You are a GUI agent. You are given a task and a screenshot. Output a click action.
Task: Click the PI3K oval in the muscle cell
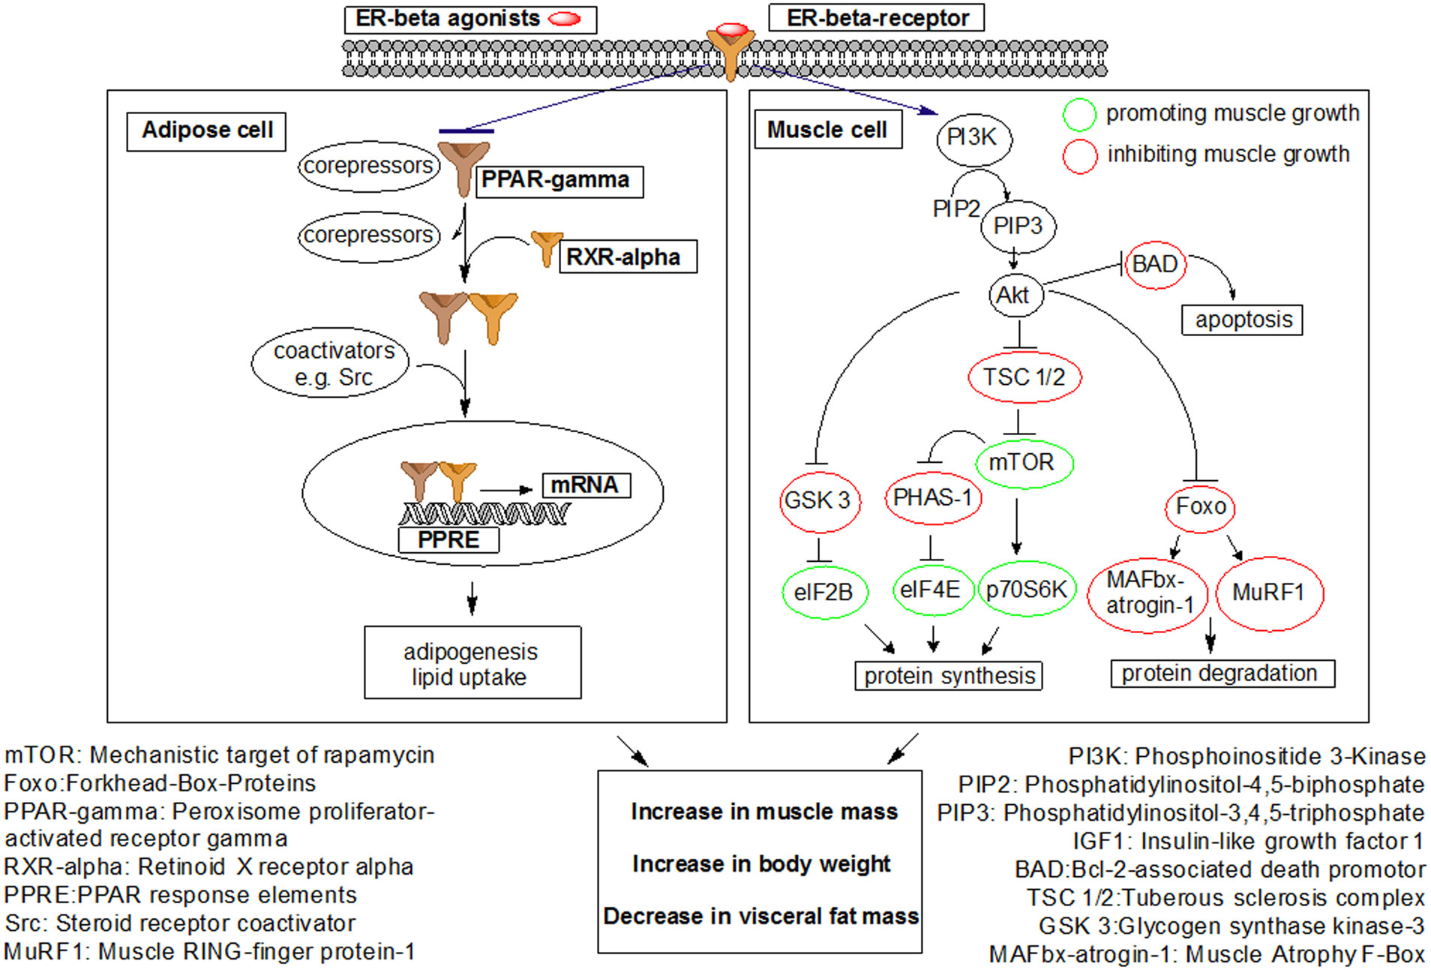point(973,138)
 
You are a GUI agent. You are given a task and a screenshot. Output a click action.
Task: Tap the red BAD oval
point(1155,264)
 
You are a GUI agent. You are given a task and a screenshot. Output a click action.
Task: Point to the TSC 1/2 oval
point(1024,377)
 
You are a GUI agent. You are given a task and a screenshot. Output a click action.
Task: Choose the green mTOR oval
point(1023,462)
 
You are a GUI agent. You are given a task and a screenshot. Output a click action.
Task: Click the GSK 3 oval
point(818,500)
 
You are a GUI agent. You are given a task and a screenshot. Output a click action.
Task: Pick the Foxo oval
point(1200,506)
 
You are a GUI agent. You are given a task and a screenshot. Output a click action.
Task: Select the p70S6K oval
point(1026,590)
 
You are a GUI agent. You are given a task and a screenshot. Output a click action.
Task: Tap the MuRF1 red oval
point(1269,593)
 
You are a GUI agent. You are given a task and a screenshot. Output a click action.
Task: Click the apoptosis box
point(1242,320)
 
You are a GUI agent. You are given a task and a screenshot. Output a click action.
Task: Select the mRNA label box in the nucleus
point(585,485)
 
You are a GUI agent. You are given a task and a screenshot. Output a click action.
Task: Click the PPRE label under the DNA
point(448,539)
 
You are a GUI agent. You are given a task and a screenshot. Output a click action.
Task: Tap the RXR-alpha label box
point(626,257)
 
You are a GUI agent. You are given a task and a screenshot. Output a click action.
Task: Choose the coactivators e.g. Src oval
point(331,363)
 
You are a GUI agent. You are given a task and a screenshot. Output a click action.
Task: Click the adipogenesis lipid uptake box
point(472,663)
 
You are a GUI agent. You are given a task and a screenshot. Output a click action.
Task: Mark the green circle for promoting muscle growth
point(1079,115)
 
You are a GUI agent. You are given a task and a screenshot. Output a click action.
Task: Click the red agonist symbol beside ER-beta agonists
point(565,19)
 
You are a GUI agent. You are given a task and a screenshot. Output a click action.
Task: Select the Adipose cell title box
point(206,131)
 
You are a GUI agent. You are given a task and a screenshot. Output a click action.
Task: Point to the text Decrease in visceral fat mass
point(760,916)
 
